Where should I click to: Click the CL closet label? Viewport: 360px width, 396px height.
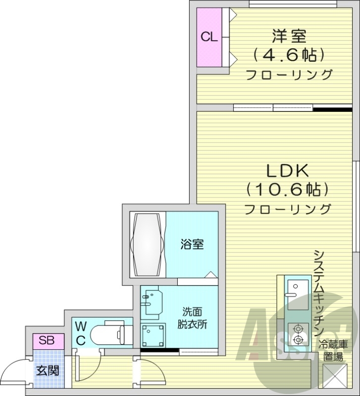pyautogui.click(x=208, y=38)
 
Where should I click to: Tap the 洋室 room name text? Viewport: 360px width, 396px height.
pyautogui.click(x=289, y=36)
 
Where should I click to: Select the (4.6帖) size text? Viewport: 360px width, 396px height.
pyautogui.click(x=289, y=54)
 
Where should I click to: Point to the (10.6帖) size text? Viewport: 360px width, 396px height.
pyautogui.click(x=288, y=189)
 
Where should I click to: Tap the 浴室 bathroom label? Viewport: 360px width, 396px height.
pyautogui.click(x=192, y=245)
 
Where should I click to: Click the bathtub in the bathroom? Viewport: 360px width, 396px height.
pyautogui.click(x=147, y=244)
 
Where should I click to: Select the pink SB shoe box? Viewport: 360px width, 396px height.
pyautogui.click(x=48, y=341)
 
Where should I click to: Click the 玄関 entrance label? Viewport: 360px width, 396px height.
pyautogui.click(x=48, y=370)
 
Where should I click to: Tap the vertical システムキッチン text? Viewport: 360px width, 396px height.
pyautogui.click(x=318, y=292)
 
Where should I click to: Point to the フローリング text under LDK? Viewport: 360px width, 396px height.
pyautogui.click(x=288, y=209)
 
